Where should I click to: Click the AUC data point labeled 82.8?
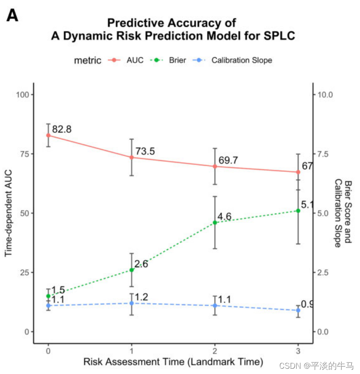[48, 135]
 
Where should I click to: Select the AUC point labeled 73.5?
[132, 157]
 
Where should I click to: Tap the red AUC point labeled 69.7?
[215, 166]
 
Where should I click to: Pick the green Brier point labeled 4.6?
[215, 223]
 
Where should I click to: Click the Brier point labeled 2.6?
[132, 270]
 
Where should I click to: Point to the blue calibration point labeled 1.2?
[132, 303]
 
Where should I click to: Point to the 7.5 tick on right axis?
[325, 154]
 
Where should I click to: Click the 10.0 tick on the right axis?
[326, 94]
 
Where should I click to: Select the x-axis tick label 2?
[215, 351]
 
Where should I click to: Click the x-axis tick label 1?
[132, 351]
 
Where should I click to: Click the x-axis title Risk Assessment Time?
[173, 362]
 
